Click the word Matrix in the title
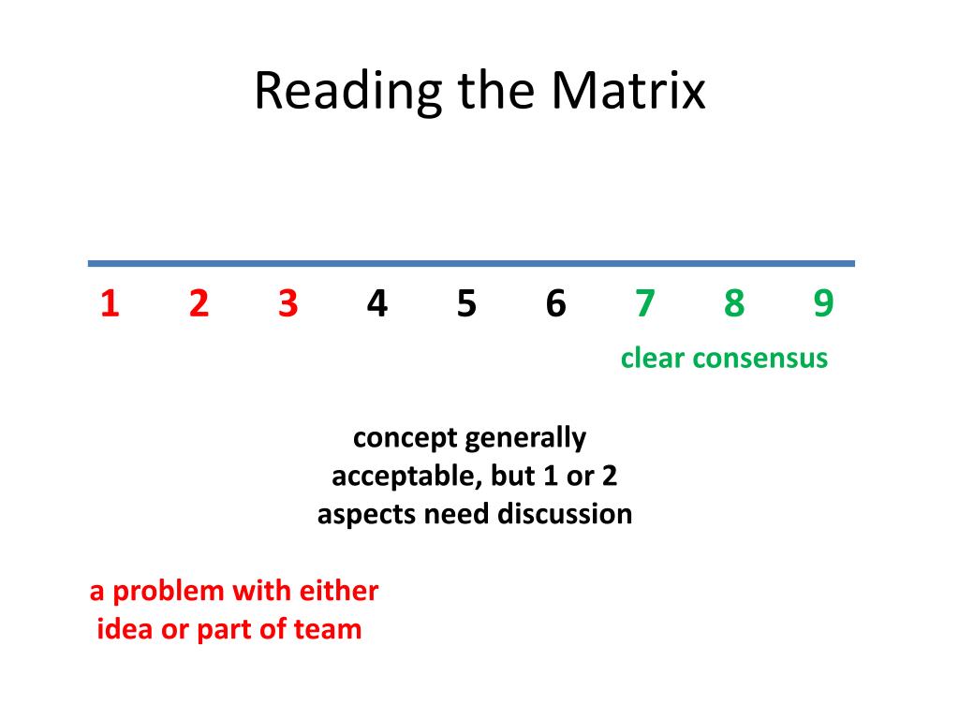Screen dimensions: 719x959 click(x=627, y=92)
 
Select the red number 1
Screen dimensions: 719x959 click(x=110, y=304)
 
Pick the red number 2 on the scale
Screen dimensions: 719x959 click(x=199, y=304)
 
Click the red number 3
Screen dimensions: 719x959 click(x=288, y=304)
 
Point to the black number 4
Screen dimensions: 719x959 click(x=377, y=304)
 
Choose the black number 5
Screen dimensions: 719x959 click(x=466, y=304)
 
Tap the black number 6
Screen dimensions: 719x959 click(x=555, y=304)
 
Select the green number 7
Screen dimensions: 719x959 click(x=644, y=304)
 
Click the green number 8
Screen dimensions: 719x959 click(x=734, y=304)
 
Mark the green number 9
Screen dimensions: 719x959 click(x=823, y=304)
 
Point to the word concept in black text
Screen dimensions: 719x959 click(x=405, y=438)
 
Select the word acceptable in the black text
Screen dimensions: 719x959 click(x=406, y=477)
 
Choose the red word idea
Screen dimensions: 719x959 click(x=125, y=629)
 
